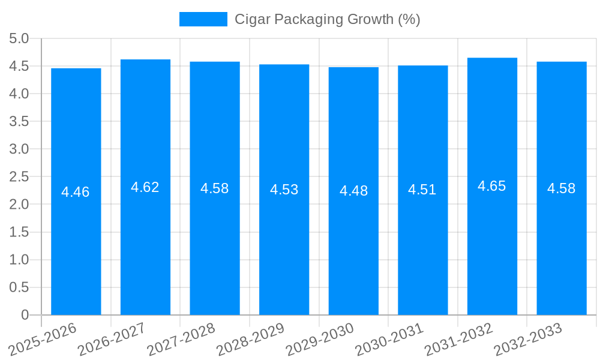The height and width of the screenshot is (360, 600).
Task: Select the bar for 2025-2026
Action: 76,191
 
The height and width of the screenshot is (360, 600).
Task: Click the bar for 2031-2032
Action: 492,186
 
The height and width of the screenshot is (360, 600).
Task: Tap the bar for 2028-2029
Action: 284,190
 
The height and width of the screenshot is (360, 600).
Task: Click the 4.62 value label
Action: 145,187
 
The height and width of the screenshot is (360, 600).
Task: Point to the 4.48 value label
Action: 353,191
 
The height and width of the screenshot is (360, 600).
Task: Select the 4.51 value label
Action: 422,190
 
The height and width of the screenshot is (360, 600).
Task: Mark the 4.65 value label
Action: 492,186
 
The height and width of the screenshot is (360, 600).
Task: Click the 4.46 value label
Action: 76,192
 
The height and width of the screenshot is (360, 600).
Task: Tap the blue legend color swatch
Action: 203,19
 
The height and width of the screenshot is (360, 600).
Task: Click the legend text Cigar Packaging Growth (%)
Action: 327,19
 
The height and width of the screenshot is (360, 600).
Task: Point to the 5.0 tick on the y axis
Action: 19,38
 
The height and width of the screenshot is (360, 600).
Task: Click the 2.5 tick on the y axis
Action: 19,176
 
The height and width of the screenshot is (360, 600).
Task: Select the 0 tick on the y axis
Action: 25,315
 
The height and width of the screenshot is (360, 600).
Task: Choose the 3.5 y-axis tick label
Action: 19,121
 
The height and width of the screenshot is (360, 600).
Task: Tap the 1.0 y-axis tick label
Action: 19,260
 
